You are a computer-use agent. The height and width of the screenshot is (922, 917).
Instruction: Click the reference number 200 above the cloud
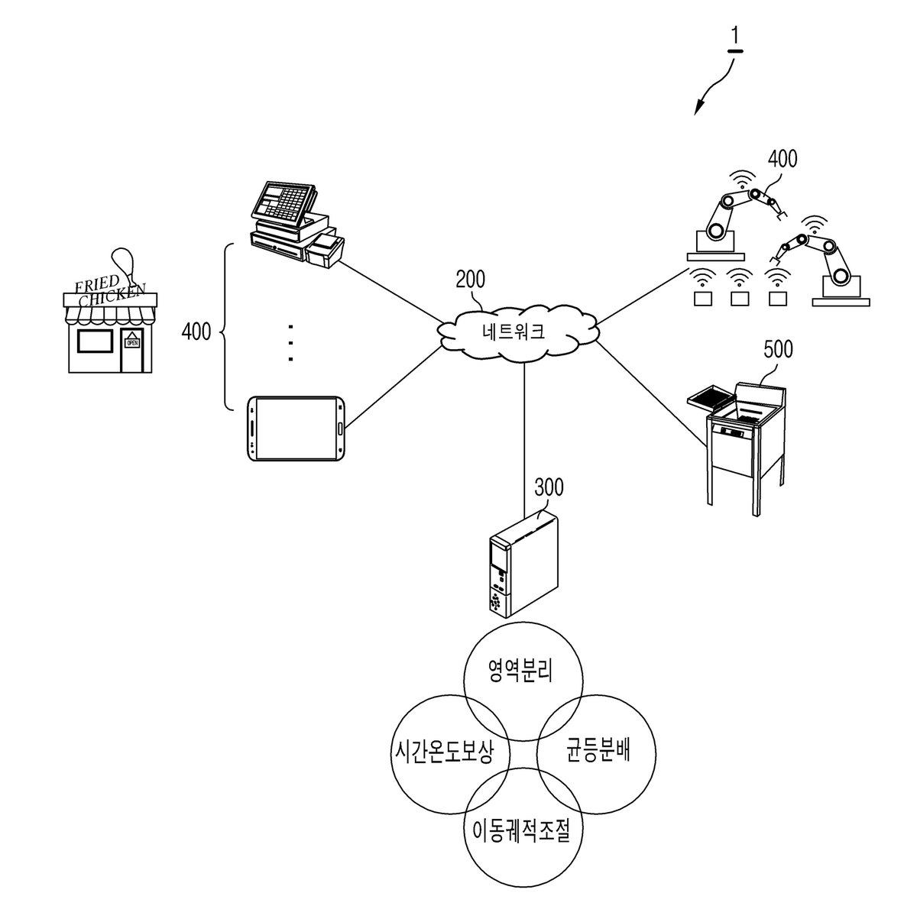tap(470, 280)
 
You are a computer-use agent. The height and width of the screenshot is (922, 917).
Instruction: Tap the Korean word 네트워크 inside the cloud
tap(514, 331)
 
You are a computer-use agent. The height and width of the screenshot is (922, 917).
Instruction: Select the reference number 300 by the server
tap(549, 487)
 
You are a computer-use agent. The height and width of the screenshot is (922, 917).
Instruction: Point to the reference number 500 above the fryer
tap(778, 350)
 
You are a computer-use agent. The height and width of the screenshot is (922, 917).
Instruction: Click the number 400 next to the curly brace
tap(196, 332)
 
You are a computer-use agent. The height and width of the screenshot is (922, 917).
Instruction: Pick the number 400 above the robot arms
tap(783, 159)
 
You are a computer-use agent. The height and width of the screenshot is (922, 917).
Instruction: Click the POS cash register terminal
tap(297, 224)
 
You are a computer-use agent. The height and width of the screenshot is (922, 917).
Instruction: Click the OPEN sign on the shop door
tap(131, 342)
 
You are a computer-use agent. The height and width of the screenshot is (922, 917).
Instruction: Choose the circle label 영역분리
tap(520, 670)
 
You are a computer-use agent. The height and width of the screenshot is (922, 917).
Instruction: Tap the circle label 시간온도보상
tap(443, 752)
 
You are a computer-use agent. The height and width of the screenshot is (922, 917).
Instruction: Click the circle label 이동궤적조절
tap(521, 830)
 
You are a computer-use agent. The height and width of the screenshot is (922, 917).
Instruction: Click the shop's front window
tap(96, 341)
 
